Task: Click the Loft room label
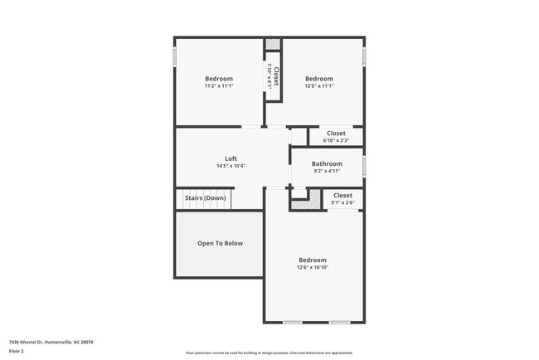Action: coord(231,158)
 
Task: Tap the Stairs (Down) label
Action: coord(204,198)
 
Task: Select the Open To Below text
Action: coord(220,243)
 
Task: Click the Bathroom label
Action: coord(327,163)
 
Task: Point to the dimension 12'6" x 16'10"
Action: coord(313,267)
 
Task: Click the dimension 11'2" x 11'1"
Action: coord(219,86)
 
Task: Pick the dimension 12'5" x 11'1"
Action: coord(318,86)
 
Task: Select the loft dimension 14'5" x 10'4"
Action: coord(231,166)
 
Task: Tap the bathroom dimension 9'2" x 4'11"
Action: coord(327,171)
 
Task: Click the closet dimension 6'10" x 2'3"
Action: coord(336,140)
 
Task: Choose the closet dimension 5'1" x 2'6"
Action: coord(342,202)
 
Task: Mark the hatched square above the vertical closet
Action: coord(273,45)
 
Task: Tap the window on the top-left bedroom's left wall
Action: coord(174,56)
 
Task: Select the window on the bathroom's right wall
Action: coord(364,164)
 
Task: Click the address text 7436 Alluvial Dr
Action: coord(51,342)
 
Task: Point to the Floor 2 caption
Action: coord(17,352)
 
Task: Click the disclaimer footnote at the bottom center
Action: coord(269,353)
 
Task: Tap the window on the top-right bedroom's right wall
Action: coord(364,56)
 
